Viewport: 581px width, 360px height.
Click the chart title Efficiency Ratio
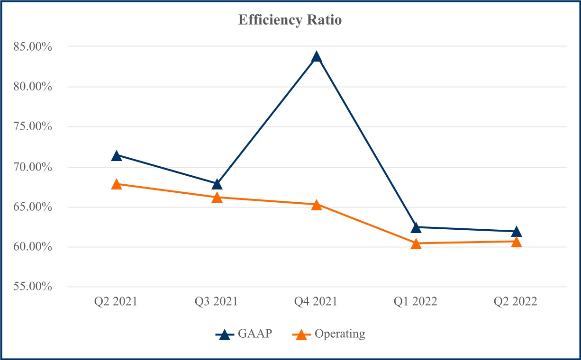290,20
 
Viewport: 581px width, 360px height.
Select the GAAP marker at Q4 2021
317,57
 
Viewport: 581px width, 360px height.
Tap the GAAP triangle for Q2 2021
117,155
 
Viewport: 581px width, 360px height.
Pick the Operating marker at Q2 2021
117,184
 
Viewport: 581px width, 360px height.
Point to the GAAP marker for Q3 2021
217,184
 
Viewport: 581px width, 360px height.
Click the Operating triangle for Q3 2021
217,197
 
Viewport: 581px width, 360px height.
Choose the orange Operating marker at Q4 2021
317,205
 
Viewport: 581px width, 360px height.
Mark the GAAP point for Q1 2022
416,227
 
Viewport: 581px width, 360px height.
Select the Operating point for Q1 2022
416,243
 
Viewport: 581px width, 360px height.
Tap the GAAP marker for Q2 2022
517,231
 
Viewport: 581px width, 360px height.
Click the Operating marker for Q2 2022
517,242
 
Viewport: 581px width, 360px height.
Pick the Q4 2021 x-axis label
316,302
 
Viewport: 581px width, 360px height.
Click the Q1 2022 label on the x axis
416,302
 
